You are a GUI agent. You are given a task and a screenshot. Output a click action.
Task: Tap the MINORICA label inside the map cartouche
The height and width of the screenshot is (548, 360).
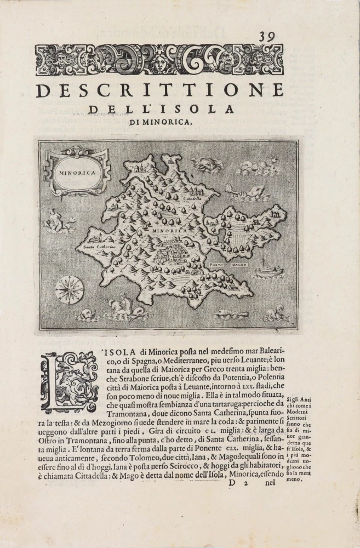click(76, 172)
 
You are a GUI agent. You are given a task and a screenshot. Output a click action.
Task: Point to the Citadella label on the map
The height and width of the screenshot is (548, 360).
click(192, 198)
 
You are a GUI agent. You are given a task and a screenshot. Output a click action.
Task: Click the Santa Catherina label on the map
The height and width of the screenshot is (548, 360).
click(99, 247)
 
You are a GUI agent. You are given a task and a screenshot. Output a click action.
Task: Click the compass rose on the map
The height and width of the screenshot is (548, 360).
click(69, 289)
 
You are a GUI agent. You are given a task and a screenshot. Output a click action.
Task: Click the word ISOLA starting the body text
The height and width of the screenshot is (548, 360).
click(120, 351)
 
